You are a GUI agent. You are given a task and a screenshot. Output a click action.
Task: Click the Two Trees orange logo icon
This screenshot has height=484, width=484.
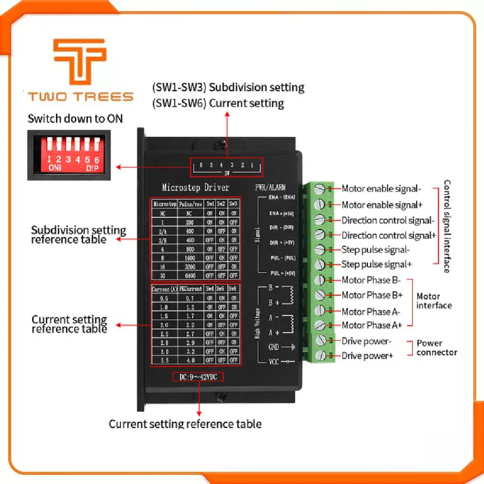click(79, 61)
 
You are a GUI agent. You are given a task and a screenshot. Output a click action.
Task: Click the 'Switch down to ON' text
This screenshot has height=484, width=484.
click(75, 118)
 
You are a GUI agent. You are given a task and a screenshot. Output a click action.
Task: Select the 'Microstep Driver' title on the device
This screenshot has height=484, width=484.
click(195, 187)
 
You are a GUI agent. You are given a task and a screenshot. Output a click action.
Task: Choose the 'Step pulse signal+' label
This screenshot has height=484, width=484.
click(377, 264)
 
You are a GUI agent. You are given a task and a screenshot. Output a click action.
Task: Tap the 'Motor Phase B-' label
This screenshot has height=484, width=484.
click(372, 280)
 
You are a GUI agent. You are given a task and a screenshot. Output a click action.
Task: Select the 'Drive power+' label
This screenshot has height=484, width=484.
click(367, 356)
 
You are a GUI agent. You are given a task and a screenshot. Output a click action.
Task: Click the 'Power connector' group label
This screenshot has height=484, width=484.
click(437, 348)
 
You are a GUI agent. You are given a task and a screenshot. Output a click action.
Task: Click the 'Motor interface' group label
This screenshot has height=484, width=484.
click(434, 301)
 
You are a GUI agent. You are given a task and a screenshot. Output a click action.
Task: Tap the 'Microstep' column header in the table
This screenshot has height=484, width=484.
click(165, 204)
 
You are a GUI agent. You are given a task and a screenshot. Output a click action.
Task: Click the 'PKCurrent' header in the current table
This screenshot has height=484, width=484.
click(190, 289)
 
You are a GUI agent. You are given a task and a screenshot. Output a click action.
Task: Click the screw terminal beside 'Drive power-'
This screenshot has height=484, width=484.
click(321, 341)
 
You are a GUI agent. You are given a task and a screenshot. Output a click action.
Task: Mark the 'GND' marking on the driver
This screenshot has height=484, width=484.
click(274, 347)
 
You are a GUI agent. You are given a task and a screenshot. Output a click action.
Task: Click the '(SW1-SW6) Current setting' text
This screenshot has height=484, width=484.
click(218, 103)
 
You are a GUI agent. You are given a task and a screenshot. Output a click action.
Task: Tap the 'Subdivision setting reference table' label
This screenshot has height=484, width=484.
click(78, 235)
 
